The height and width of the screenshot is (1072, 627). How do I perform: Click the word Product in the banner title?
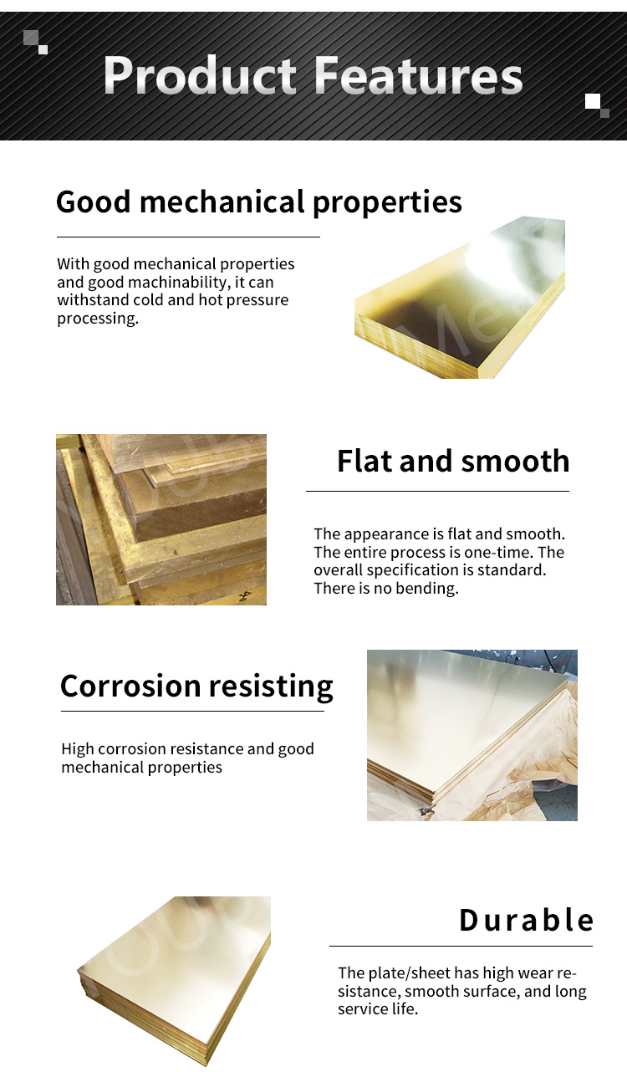coord(201,77)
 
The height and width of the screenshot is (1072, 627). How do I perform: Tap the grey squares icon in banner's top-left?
coord(35,41)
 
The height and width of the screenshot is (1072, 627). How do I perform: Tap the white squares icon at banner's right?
coord(597,105)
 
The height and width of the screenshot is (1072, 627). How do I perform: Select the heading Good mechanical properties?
coord(258,202)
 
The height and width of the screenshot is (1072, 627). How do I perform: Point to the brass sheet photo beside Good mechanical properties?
coord(460,298)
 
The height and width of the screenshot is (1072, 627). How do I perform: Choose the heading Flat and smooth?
coord(452,461)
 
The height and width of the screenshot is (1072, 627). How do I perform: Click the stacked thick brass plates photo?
coord(161,519)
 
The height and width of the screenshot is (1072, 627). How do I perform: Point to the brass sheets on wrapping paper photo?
coord(472,735)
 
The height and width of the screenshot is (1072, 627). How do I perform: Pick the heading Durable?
coord(526,920)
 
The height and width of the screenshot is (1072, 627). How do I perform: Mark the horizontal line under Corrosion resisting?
coord(192,712)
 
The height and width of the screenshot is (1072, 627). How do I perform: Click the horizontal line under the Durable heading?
coord(461,947)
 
